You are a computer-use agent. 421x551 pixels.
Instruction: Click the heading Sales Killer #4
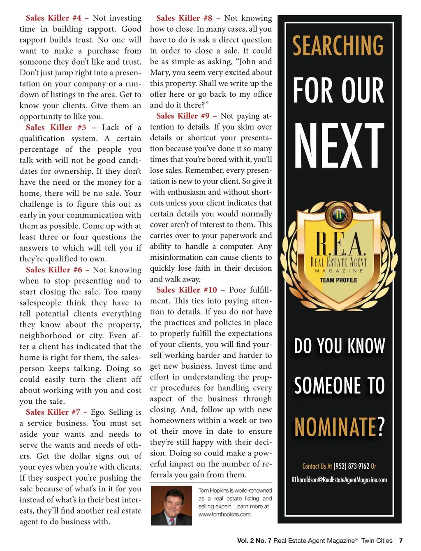coord(53,18)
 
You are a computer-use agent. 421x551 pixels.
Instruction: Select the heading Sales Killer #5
coord(56,128)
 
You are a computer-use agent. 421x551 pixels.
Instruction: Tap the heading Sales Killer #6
coord(54,270)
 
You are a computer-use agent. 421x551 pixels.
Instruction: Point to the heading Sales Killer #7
coord(53,412)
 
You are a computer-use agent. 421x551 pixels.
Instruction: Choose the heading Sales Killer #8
coord(184,18)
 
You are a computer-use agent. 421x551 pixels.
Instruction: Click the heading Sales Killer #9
coord(183,116)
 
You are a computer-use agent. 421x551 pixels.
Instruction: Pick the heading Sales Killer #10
coord(187,290)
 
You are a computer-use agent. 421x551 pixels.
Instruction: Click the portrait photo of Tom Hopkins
coord(171,505)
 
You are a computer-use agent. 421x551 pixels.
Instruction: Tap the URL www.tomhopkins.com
coord(225,514)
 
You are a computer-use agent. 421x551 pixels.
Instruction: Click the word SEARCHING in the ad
coord(338,46)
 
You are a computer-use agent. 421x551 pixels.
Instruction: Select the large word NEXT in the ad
coord(339,146)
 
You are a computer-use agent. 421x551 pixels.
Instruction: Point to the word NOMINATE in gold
coord(335,427)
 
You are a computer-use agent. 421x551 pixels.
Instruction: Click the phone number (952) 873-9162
coord(351,466)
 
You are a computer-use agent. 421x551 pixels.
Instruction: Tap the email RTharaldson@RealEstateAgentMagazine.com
coord(339,480)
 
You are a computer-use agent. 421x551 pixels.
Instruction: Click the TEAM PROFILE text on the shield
coord(338,280)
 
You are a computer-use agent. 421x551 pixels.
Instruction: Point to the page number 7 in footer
coord(401,541)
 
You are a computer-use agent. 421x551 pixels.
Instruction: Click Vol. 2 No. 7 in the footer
coord(254,541)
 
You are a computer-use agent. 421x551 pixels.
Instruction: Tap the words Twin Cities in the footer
coord(377,541)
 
